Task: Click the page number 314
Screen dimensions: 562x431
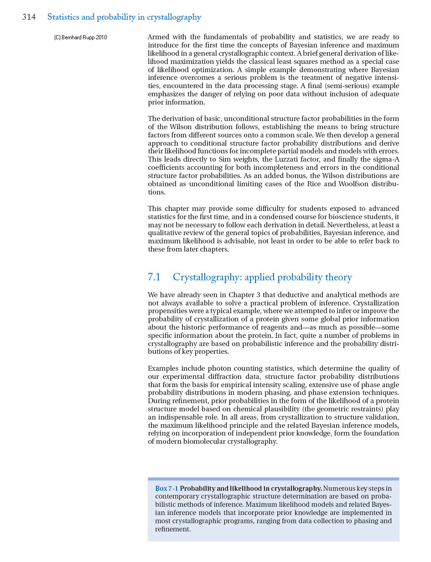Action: coord(29,17)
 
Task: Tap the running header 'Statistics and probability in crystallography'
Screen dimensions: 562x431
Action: coord(124,17)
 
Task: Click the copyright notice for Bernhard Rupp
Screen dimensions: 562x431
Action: coord(81,37)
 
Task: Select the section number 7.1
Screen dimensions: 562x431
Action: coord(154,277)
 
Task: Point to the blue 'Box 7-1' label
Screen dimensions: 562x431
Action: coord(166,488)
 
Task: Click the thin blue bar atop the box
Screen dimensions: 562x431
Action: coord(273,479)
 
